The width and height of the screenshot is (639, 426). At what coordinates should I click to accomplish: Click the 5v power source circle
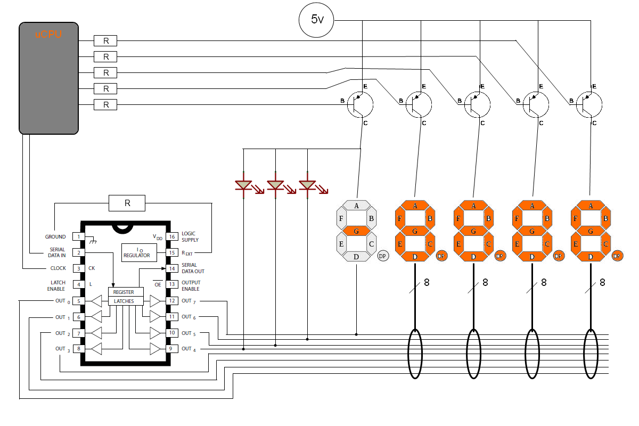pos(316,20)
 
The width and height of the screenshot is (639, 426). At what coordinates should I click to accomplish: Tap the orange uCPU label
pos(48,35)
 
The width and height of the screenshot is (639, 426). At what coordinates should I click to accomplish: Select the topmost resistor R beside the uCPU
pos(105,41)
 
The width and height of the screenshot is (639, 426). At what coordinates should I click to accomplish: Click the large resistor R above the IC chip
pos(127,203)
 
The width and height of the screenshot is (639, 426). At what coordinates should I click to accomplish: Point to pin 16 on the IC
pos(172,236)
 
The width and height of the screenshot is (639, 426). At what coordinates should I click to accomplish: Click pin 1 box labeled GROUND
pos(78,236)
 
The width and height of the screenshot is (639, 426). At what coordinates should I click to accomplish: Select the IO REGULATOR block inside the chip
pos(139,253)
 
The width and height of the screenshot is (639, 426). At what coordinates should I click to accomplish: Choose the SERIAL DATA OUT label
pos(193,268)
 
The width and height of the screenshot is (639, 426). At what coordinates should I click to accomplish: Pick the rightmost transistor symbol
pos(589,105)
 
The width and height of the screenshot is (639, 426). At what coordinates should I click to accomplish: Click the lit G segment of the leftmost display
pos(356,231)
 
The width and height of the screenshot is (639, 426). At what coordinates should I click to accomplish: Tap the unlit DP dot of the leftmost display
pos(383,256)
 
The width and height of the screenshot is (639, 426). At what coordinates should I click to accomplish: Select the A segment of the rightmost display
pos(591,206)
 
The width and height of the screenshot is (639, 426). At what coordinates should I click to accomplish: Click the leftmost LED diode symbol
pos(243,185)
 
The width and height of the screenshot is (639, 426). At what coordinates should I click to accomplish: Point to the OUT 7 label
pos(189,301)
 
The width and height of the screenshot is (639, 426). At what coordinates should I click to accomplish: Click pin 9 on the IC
pos(170,349)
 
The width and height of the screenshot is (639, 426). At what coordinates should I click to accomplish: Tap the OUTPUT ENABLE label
pos(191,285)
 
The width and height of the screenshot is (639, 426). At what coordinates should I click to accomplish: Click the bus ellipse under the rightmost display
pos(591,354)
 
